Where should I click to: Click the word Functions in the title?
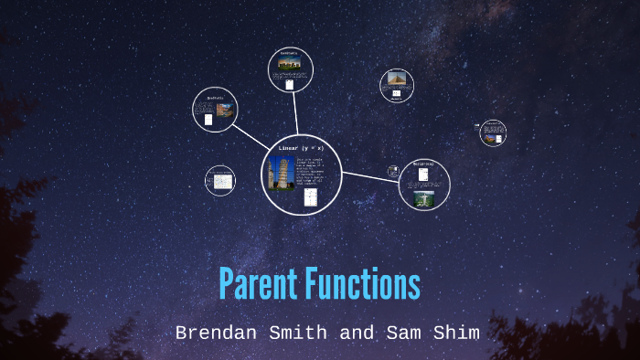[x=364, y=284]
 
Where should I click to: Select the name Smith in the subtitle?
[x=299, y=333]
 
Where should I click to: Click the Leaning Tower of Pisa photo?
[x=281, y=173]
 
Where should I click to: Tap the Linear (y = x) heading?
[x=302, y=147]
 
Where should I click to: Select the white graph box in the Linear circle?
[x=311, y=197]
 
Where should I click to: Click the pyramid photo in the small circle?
[x=396, y=80]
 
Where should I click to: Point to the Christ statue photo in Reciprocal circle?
[x=422, y=196]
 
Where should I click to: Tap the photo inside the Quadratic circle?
[x=225, y=111]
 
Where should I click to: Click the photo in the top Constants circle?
[x=290, y=64]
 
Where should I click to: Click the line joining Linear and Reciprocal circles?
[x=370, y=176]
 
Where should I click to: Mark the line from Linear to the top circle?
[x=295, y=114]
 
